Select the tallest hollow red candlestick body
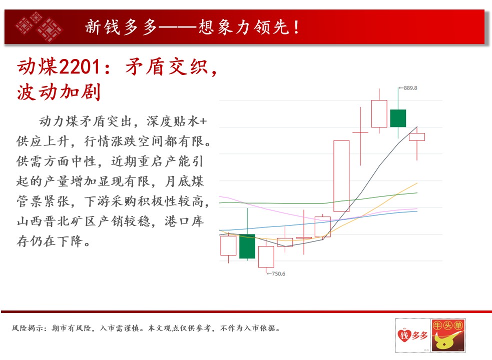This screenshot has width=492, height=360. (341, 176)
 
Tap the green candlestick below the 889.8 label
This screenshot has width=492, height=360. (398, 118)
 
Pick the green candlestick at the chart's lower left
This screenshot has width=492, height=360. (247, 246)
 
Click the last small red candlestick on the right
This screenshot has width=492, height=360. (417, 136)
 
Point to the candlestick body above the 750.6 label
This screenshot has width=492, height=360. (266, 257)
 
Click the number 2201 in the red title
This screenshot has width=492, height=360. (80, 67)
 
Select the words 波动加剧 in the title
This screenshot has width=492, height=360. (59, 92)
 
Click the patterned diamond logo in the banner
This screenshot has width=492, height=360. (39, 26)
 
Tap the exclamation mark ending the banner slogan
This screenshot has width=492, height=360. (296, 27)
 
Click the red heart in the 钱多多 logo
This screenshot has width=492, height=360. (404, 335)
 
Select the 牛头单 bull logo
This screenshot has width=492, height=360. (448, 335)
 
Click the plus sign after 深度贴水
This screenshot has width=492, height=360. (203, 121)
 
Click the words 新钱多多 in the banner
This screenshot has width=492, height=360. (121, 27)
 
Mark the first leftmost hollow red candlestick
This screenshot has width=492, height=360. (228, 245)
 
